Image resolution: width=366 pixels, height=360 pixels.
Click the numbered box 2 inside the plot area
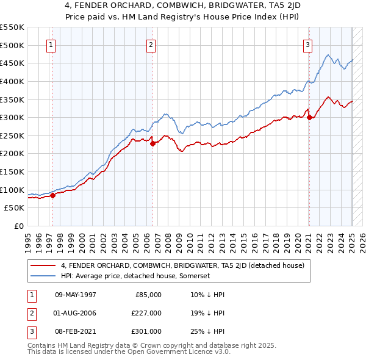click(x=151, y=44)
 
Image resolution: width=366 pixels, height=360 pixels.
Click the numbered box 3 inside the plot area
click(x=308, y=44)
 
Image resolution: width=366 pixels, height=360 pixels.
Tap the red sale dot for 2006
click(x=152, y=143)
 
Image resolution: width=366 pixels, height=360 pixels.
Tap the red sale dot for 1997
click(x=52, y=195)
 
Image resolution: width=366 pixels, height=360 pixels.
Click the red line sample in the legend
click(x=43, y=265)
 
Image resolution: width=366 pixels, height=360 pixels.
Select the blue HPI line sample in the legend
click(x=43, y=276)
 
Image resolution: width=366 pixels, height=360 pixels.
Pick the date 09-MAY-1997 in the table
click(x=75, y=295)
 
